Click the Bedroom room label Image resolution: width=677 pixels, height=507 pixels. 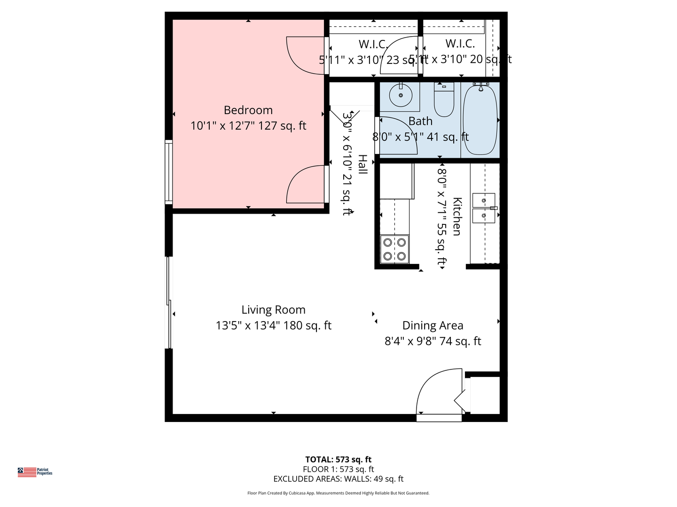pyautogui.click(x=248, y=110)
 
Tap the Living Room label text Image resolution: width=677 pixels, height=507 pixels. pyautogui.click(x=273, y=310)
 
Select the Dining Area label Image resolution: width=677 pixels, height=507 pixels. pyautogui.click(x=433, y=325)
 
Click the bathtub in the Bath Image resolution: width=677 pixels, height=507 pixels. pyautogui.click(x=480, y=120)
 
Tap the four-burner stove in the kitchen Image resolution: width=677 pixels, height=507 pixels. pyautogui.click(x=394, y=249)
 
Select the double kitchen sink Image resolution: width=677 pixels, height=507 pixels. pyautogui.click(x=484, y=207)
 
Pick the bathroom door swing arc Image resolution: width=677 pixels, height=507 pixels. pyautogui.click(x=397, y=135)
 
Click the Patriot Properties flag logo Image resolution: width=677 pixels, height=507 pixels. pyautogui.click(x=27, y=472)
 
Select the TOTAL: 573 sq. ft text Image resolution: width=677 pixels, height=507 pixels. pyautogui.click(x=338, y=460)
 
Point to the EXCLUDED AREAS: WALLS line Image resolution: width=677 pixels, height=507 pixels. pyautogui.click(x=338, y=479)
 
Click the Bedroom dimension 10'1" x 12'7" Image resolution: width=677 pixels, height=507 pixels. pyautogui.click(x=248, y=126)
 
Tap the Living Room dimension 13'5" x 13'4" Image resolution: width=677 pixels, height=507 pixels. pyautogui.click(x=273, y=325)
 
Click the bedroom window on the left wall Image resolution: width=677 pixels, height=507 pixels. pyautogui.click(x=168, y=172)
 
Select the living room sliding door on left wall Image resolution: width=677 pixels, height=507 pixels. pyautogui.click(x=168, y=303)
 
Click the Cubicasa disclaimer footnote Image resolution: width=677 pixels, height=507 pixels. pyautogui.click(x=338, y=493)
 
